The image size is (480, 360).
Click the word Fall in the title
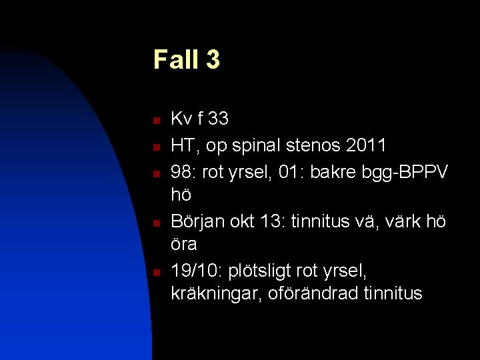pyautogui.click(x=175, y=59)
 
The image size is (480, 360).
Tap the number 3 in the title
pyautogui.click(x=213, y=59)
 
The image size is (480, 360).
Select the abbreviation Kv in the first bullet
pyautogui.click(x=181, y=119)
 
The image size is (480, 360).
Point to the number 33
pyautogui.click(x=218, y=119)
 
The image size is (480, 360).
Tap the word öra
pyautogui.click(x=184, y=245)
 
